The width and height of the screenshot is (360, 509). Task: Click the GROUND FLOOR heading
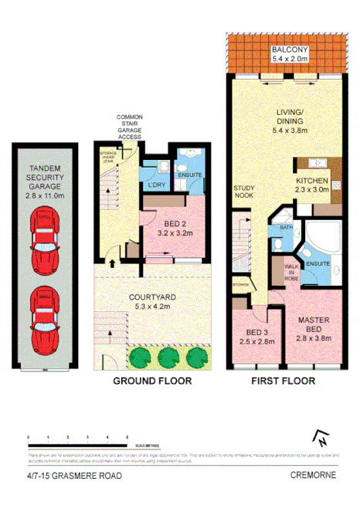[x=152, y=381]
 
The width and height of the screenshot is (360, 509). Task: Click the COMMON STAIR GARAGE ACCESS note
[x=131, y=128]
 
